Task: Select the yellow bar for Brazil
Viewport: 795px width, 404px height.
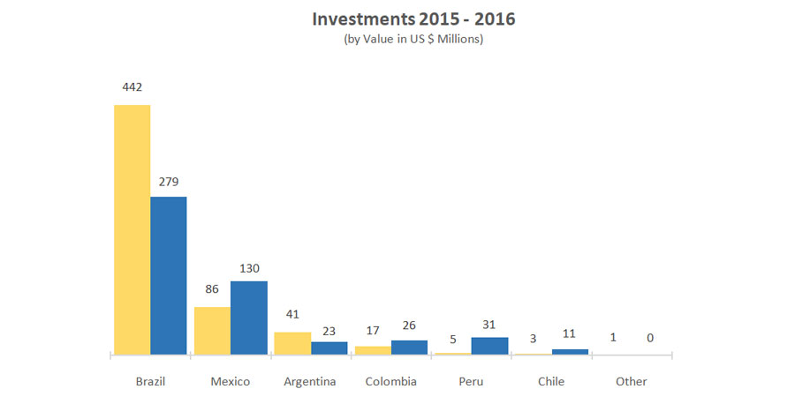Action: click(132, 229)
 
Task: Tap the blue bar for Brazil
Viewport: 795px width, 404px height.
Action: click(169, 275)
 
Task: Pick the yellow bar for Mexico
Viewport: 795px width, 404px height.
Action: click(212, 331)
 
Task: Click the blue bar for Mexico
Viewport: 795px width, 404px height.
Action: click(249, 318)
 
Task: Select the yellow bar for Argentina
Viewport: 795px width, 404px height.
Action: click(292, 343)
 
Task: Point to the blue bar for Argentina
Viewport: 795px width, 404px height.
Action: click(329, 348)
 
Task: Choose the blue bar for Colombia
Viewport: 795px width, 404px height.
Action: click(409, 347)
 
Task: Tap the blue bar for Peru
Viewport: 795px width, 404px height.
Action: click(489, 346)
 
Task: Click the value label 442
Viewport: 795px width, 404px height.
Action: click(132, 87)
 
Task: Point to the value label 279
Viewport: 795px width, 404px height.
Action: click(169, 182)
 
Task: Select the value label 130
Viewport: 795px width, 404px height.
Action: click(249, 268)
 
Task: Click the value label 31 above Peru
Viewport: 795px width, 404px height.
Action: click(489, 323)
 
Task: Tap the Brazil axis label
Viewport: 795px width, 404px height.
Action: click(150, 382)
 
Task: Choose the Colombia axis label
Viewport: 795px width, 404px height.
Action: click(390, 382)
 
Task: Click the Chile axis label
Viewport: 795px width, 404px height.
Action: click(551, 382)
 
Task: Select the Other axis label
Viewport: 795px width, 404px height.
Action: click(632, 382)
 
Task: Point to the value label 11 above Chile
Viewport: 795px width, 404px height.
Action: click(570, 335)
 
